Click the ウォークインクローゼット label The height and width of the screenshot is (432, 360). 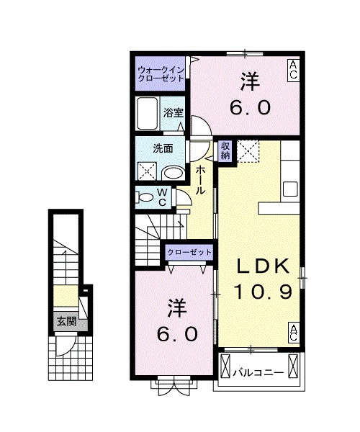point(161,74)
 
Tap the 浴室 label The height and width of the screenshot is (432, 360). point(174,113)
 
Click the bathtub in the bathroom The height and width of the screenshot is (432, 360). point(147,113)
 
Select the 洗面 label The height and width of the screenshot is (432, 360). point(163,149)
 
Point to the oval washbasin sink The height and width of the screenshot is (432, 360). point(174,174)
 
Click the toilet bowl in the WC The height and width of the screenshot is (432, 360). point(146,197)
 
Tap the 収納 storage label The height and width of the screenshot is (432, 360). point(225,150)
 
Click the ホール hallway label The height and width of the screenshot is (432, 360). point(200,180)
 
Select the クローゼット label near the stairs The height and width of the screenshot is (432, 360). point(189,252)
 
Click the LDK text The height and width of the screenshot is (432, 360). point(264,266)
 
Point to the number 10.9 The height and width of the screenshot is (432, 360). point(263,292)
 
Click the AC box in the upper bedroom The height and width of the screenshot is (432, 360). point(294,70)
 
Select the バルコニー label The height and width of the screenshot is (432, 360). point(258,373)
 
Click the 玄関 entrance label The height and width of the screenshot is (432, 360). point(66,321)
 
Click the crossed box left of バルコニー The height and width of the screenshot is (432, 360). point(225,365)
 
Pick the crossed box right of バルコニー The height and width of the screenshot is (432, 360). point(293,365)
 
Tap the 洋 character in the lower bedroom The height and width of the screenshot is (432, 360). point(177,308)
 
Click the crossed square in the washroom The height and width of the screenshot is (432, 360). point(147,171)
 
